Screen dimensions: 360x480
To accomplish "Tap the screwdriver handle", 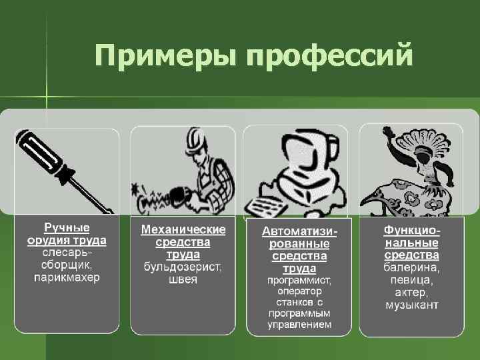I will [x=40, y=155].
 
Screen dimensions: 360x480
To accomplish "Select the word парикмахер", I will [x=67, y=277].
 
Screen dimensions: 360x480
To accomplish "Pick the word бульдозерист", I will [x=183, y=267].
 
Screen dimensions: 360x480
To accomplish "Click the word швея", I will [x=183, y=280].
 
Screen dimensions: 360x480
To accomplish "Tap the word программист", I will [x=299, y=281].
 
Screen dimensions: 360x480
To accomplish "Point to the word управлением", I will [x=299, y=325].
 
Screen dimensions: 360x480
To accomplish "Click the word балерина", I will [x=411, y=267].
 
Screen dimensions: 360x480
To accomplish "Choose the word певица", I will [x=411, y=280].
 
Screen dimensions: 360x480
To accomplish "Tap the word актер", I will [x=411, y=293].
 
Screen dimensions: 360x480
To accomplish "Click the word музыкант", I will [x=411, y=305].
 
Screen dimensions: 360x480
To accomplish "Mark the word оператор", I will [x=299, y=291].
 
